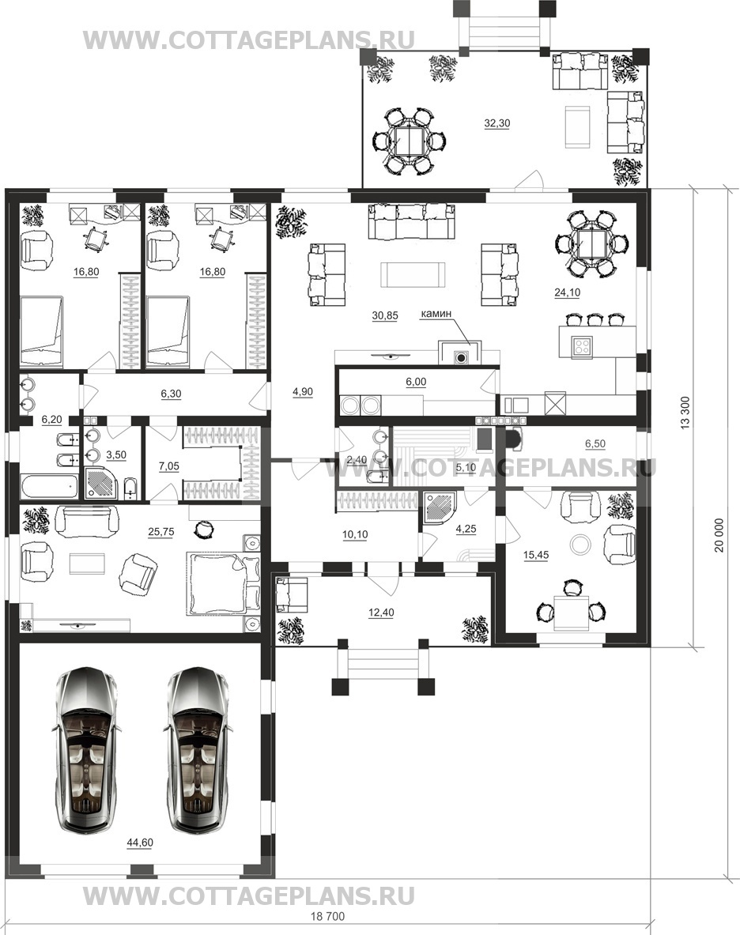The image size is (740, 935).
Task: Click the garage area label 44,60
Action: (139, 843)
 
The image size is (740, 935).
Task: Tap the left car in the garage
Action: (89, 752)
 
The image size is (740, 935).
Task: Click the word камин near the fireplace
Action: (436, 313)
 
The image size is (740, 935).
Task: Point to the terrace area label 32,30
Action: (496, 123)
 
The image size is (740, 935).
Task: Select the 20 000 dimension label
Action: (719, 536)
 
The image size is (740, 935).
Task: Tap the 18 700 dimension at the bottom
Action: (328, 916)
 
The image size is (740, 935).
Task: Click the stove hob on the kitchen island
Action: (581, 346)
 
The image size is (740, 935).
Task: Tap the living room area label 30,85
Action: (384, 316)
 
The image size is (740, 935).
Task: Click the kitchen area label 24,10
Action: (567, 292)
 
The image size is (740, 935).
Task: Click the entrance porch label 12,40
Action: (381, 613)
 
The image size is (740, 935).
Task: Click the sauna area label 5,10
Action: (465, 468)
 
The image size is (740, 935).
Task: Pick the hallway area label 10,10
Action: (355, 535)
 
